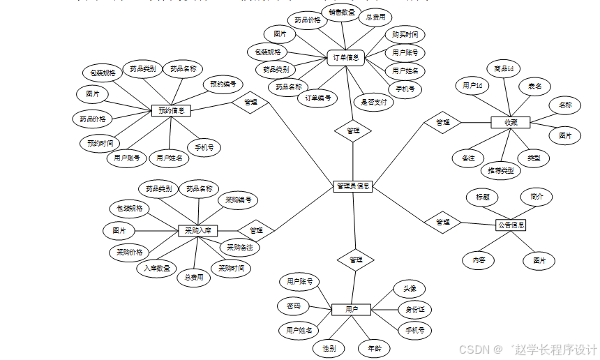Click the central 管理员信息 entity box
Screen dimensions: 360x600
(x=352, y=186)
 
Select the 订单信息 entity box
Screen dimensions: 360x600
(x=346, y=58)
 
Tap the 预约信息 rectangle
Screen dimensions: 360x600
(x=171, y=110)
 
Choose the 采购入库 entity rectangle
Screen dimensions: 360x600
(x=198, y=230)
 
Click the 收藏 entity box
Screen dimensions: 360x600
(x=511, y=122)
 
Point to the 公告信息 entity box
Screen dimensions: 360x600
(x=511, y=225)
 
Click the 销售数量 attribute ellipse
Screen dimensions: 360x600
(x=342, y=13)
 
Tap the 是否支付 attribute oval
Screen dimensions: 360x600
(x=375, y=102)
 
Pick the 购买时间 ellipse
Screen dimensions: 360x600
(x=405, y=34)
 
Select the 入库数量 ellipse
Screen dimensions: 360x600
(x=156, y=268)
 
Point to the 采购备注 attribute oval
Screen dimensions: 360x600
(x=239, y=247)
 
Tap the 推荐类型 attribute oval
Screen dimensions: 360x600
(x=501, y=170)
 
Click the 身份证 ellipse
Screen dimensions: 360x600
(x=414, y=310)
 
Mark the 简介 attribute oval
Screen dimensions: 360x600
(x=537, y=197)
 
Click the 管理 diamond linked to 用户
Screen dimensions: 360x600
(x=356, y=260)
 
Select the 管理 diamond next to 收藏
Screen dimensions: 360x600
(x=443, y=122)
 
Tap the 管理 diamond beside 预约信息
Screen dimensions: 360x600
(x=250, y=103)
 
